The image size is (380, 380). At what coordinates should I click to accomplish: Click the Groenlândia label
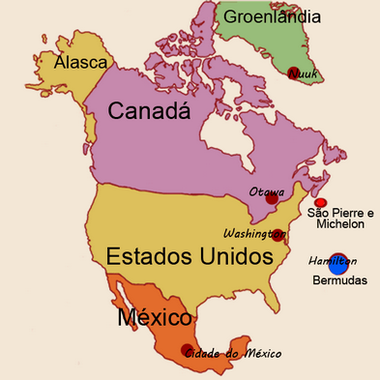[x=274, y=16]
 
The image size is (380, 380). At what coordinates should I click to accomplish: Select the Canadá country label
[x=155, y=112]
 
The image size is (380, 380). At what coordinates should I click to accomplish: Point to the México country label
[x=154, y=317]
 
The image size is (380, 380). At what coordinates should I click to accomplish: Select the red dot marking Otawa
[x=273, y=198]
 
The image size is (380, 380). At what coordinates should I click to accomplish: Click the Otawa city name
[x=266, y=190]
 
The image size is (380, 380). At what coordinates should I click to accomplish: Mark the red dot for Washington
[x=278, y=235]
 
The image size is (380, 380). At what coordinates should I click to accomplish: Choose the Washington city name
[x=249, y=234]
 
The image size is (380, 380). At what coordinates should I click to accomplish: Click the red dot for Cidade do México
[x=188, y=351]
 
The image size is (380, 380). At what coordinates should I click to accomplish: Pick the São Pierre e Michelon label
[x=338, y=218]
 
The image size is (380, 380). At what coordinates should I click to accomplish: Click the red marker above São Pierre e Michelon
[x=320, y=202]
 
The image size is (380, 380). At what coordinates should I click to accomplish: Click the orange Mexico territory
[x=145, y=334]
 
